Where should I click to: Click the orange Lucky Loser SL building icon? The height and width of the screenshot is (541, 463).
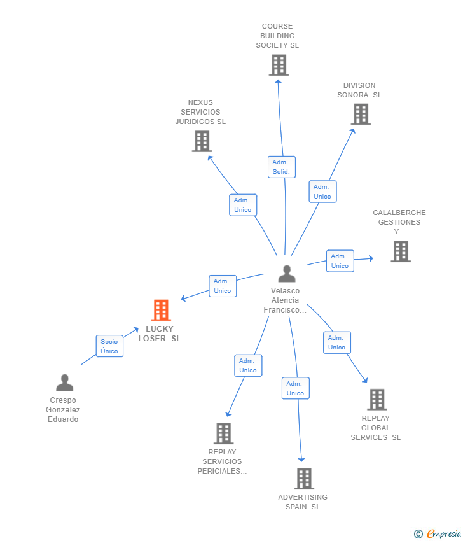(161, 311)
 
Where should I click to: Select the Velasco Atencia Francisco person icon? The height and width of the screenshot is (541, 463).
(287, 274)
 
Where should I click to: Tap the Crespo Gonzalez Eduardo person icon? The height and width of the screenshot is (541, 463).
(64, 383)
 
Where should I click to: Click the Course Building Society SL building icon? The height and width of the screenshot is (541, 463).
(278, 65)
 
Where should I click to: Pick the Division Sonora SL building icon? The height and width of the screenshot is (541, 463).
(361, 114)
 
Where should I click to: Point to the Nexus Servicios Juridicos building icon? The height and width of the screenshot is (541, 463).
(202, 141)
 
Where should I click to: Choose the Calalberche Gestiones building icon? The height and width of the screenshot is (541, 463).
(400, 251)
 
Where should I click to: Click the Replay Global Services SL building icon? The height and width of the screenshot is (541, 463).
(377, 399)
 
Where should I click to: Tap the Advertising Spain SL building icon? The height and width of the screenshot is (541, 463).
(304, 478)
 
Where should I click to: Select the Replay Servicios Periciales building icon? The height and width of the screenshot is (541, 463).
(223, 433)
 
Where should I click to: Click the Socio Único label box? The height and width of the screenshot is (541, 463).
(109, 346)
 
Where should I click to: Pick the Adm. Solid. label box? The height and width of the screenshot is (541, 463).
(281, 167)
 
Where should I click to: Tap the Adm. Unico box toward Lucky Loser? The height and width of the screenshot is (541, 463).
(223, 286)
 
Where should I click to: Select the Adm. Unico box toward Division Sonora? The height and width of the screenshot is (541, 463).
(322, 192)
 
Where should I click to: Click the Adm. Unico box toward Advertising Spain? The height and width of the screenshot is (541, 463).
(296, 388)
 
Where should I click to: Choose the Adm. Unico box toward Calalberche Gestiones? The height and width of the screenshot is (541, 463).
(340, 261)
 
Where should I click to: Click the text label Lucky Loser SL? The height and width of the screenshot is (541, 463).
(160, 334)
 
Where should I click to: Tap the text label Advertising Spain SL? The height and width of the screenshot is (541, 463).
(303, 502)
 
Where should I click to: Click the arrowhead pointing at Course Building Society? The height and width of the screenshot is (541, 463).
(277, 81)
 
